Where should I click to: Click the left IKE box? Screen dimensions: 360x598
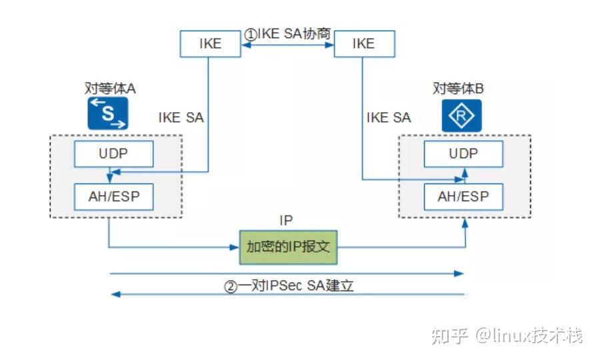click(210, 44)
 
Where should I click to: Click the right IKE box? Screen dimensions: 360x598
click(363, 44)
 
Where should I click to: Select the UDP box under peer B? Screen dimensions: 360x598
click(463, 154)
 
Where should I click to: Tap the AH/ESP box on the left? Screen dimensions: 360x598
click(113, 196)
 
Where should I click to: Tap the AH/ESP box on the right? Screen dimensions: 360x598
click(463, 196)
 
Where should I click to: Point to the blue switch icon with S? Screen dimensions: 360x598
click(107, 113)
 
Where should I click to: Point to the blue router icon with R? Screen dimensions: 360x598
click(461, 116)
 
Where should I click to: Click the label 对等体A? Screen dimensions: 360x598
click(110, 89)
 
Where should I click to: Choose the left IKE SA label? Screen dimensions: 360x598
click(181, 118)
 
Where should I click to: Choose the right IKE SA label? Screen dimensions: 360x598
click(389, 118)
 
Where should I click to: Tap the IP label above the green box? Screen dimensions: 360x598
click(286, 219)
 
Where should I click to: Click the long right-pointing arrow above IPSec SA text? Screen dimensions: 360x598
click(287, 273)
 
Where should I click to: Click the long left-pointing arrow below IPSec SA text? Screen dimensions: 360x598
click(287, 294)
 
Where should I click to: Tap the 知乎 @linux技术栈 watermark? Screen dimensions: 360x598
click(507, 335)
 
